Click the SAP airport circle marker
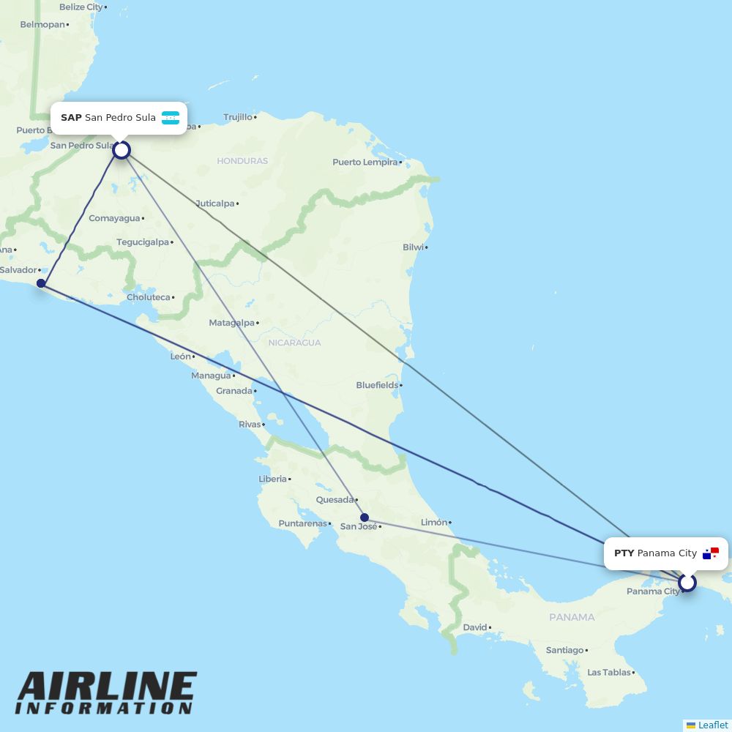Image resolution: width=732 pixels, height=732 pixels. pos(122,150)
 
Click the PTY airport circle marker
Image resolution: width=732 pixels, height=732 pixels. pos(687,583)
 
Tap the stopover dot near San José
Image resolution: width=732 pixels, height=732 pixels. pos(365,518)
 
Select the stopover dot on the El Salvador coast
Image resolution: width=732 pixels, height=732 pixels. pos(41,283)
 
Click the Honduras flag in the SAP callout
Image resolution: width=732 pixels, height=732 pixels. pos(171,118)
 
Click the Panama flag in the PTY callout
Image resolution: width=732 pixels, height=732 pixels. pos(711,553)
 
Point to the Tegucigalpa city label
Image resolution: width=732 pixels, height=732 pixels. pos(143,242)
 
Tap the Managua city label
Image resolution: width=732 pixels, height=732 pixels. pos(211,376)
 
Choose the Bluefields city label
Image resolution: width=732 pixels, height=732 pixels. pos(377,385)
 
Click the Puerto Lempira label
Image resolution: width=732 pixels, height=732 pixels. pos(365,163)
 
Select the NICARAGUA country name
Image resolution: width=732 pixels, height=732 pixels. pos(294,343)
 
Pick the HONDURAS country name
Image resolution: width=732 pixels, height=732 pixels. pos(242,161)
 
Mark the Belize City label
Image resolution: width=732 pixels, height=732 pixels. pos(81,7)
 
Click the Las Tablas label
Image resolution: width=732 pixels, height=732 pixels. pos(609,672)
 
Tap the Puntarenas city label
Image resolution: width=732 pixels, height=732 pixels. pos(302,523)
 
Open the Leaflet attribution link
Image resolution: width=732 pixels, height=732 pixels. pos(712,725)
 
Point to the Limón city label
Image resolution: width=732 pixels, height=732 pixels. pos(433,523)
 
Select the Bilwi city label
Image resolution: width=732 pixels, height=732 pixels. pos(413,247)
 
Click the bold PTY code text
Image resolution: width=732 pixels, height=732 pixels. pos(624,553)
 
